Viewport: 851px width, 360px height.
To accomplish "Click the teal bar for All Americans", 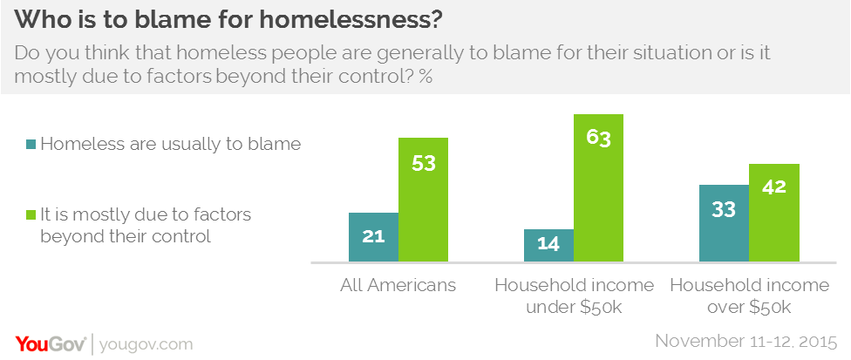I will [373, 237].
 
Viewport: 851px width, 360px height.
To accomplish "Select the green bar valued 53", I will [424, 200].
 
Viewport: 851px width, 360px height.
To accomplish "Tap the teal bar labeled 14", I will [548, 245].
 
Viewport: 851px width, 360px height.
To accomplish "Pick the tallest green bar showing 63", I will [599, 187].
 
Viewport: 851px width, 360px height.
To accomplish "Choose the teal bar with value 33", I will [724, 222].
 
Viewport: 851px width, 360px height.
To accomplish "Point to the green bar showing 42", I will [774, 213].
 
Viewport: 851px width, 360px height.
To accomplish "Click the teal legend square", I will [31, 145].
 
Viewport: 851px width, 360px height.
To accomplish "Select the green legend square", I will [31, 214].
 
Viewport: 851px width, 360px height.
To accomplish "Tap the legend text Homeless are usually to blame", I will [171, 145].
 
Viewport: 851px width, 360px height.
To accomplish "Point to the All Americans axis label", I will [398, 285].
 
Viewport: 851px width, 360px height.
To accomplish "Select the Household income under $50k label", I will [574, 295].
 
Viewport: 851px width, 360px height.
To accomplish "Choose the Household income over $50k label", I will [749, 295].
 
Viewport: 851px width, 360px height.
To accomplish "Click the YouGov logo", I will [49, 343].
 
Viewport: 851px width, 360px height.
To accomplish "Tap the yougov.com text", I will [146, 343].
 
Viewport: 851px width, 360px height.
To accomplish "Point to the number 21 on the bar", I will [373, 236].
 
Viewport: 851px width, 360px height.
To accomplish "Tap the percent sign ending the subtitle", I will [426, 76].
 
